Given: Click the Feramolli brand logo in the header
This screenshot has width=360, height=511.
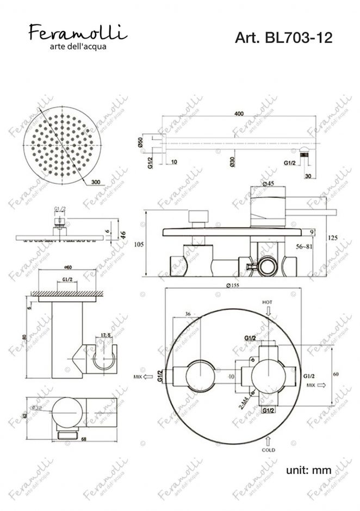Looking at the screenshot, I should (x=78, y=34).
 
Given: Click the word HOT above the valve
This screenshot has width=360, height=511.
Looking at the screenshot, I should (x=266, y=301).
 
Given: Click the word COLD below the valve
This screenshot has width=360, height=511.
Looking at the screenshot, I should (x=268, y=450).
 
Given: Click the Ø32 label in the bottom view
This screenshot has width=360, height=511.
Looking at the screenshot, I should (x=37, y=408).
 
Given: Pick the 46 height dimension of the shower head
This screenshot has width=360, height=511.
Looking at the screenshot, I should (x=123, y=235).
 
